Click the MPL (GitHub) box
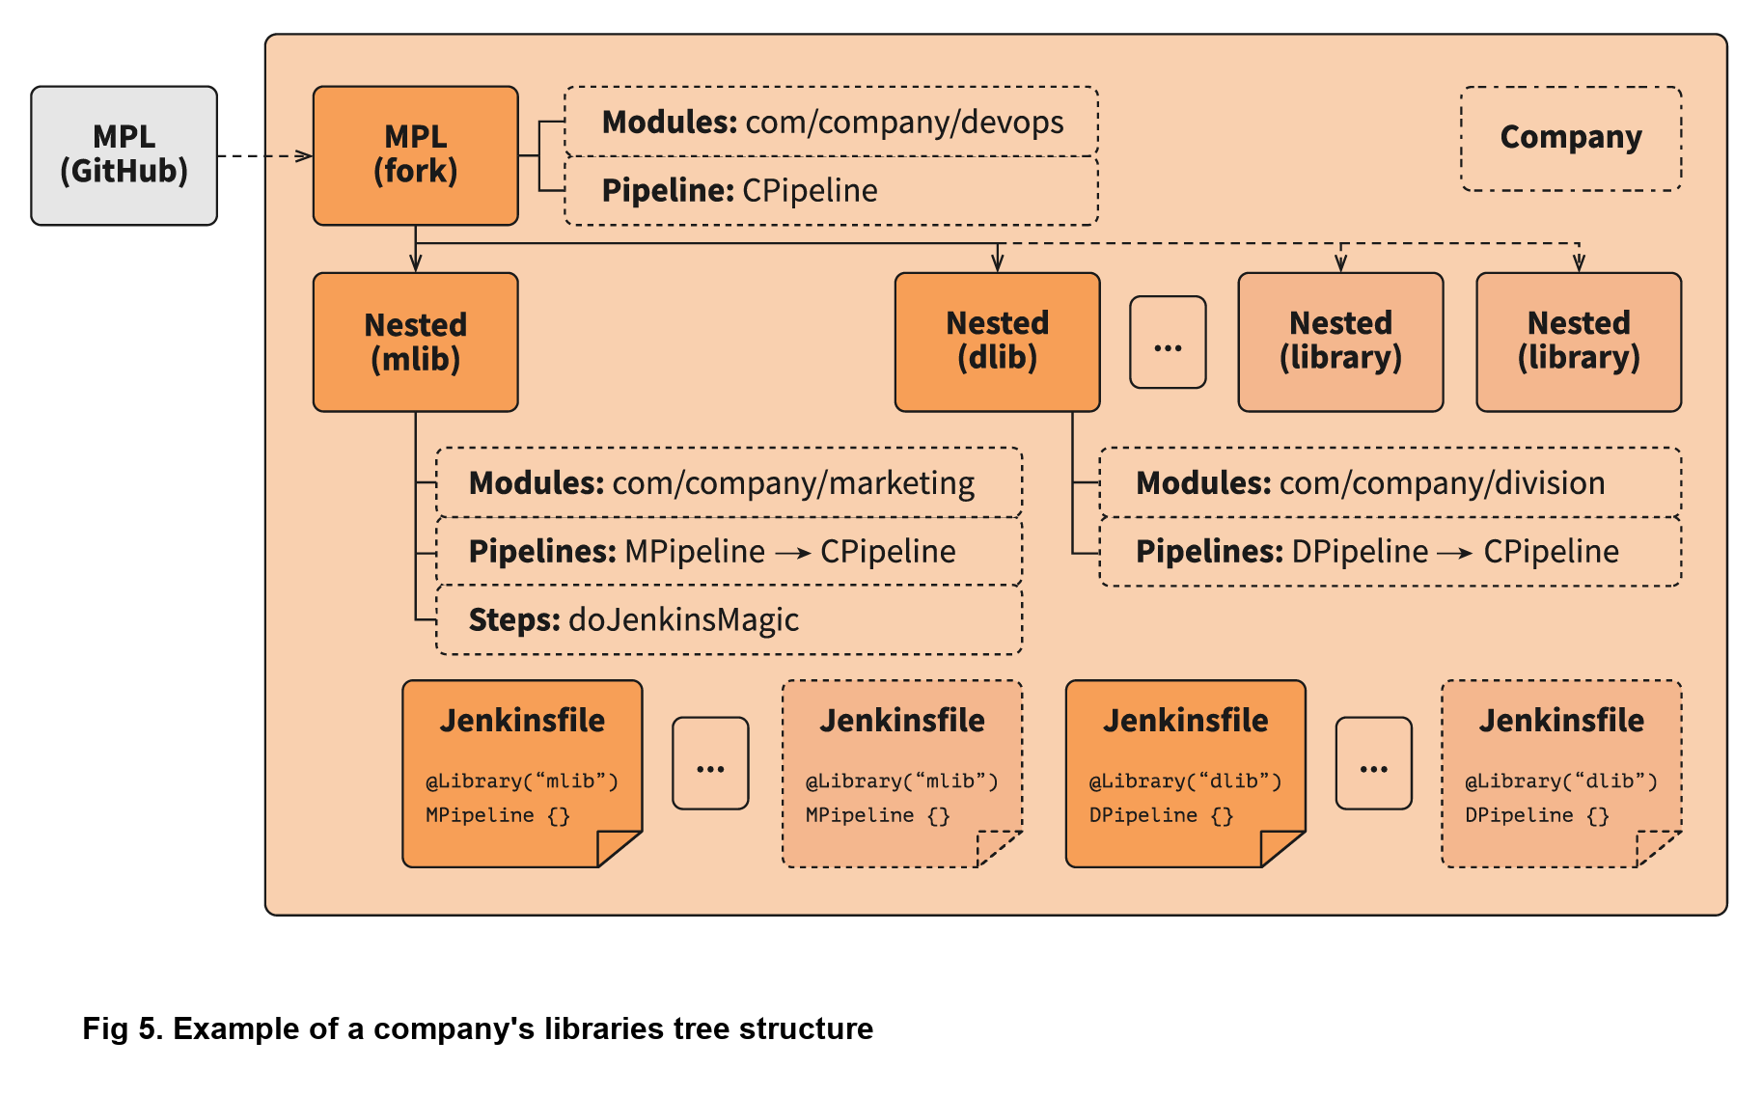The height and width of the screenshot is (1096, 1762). coord(124,155)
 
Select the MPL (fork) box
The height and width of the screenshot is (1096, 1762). coord(415,155)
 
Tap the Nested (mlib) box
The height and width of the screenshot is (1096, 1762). coord(415,342)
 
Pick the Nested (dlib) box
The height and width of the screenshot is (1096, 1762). coord(997,342)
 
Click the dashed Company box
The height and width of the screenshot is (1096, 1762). coord(1570,138)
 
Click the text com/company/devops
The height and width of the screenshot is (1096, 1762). coord(904,123)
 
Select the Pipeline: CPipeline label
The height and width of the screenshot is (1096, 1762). coord(739,191)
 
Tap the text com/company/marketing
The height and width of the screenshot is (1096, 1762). coord(793,482)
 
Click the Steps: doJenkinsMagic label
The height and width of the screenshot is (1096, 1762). coord(633,619)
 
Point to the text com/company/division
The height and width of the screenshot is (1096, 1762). coord(1442,482)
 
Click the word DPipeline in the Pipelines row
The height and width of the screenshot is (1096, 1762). coord(1359,552)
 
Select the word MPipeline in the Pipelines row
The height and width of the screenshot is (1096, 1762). coord(695,552)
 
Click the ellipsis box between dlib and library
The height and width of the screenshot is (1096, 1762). coord(1168,342)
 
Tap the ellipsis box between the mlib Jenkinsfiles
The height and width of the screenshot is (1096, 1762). coord(710,763)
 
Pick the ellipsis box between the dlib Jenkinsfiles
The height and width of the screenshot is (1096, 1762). coord(1373,763)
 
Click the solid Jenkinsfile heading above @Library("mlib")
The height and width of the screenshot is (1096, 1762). coord(522,721)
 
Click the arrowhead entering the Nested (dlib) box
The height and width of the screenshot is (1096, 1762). coord(997,263)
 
